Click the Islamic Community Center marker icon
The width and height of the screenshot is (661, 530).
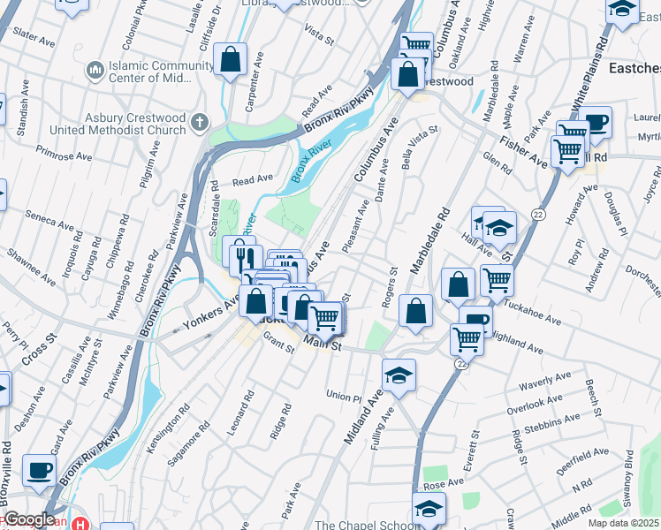94,68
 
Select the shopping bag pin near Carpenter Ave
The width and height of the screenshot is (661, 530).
230,60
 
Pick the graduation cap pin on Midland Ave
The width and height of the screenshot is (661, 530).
399,375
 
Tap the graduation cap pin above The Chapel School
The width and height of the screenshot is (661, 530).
429,508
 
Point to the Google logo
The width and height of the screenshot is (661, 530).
28,519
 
